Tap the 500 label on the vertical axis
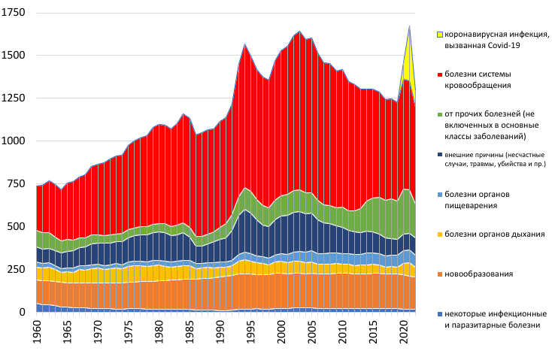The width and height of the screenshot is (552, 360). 18,226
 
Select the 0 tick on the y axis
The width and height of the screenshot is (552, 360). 24,311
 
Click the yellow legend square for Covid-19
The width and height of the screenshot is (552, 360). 439,35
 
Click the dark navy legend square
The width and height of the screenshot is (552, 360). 439,155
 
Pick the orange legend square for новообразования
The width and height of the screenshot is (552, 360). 439,274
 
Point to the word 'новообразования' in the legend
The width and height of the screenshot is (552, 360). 479,274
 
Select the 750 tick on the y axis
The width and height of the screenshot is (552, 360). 18,184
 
